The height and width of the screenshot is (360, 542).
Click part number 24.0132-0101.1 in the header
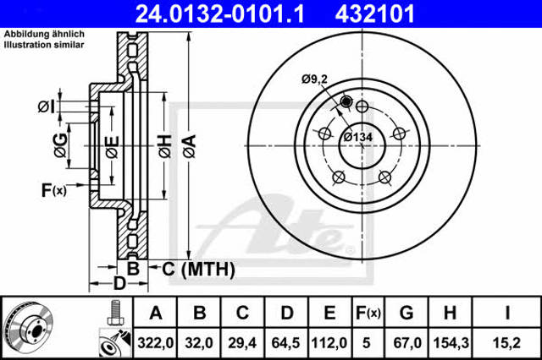coord(220,14)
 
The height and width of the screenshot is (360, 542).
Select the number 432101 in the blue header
coord(374,14)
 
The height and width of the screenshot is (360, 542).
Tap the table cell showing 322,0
coord(155,343)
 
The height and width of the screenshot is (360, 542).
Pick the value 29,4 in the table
coord(242,343)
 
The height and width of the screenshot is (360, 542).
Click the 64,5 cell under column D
coord(286,343)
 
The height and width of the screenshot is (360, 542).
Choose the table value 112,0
coord(329,343)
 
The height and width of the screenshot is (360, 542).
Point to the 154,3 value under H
coord(451,343)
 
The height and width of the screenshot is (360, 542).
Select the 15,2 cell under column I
coord(506,343)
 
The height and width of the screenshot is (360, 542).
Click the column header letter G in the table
coord(406,314)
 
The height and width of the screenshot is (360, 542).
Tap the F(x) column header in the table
coord(368,314)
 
